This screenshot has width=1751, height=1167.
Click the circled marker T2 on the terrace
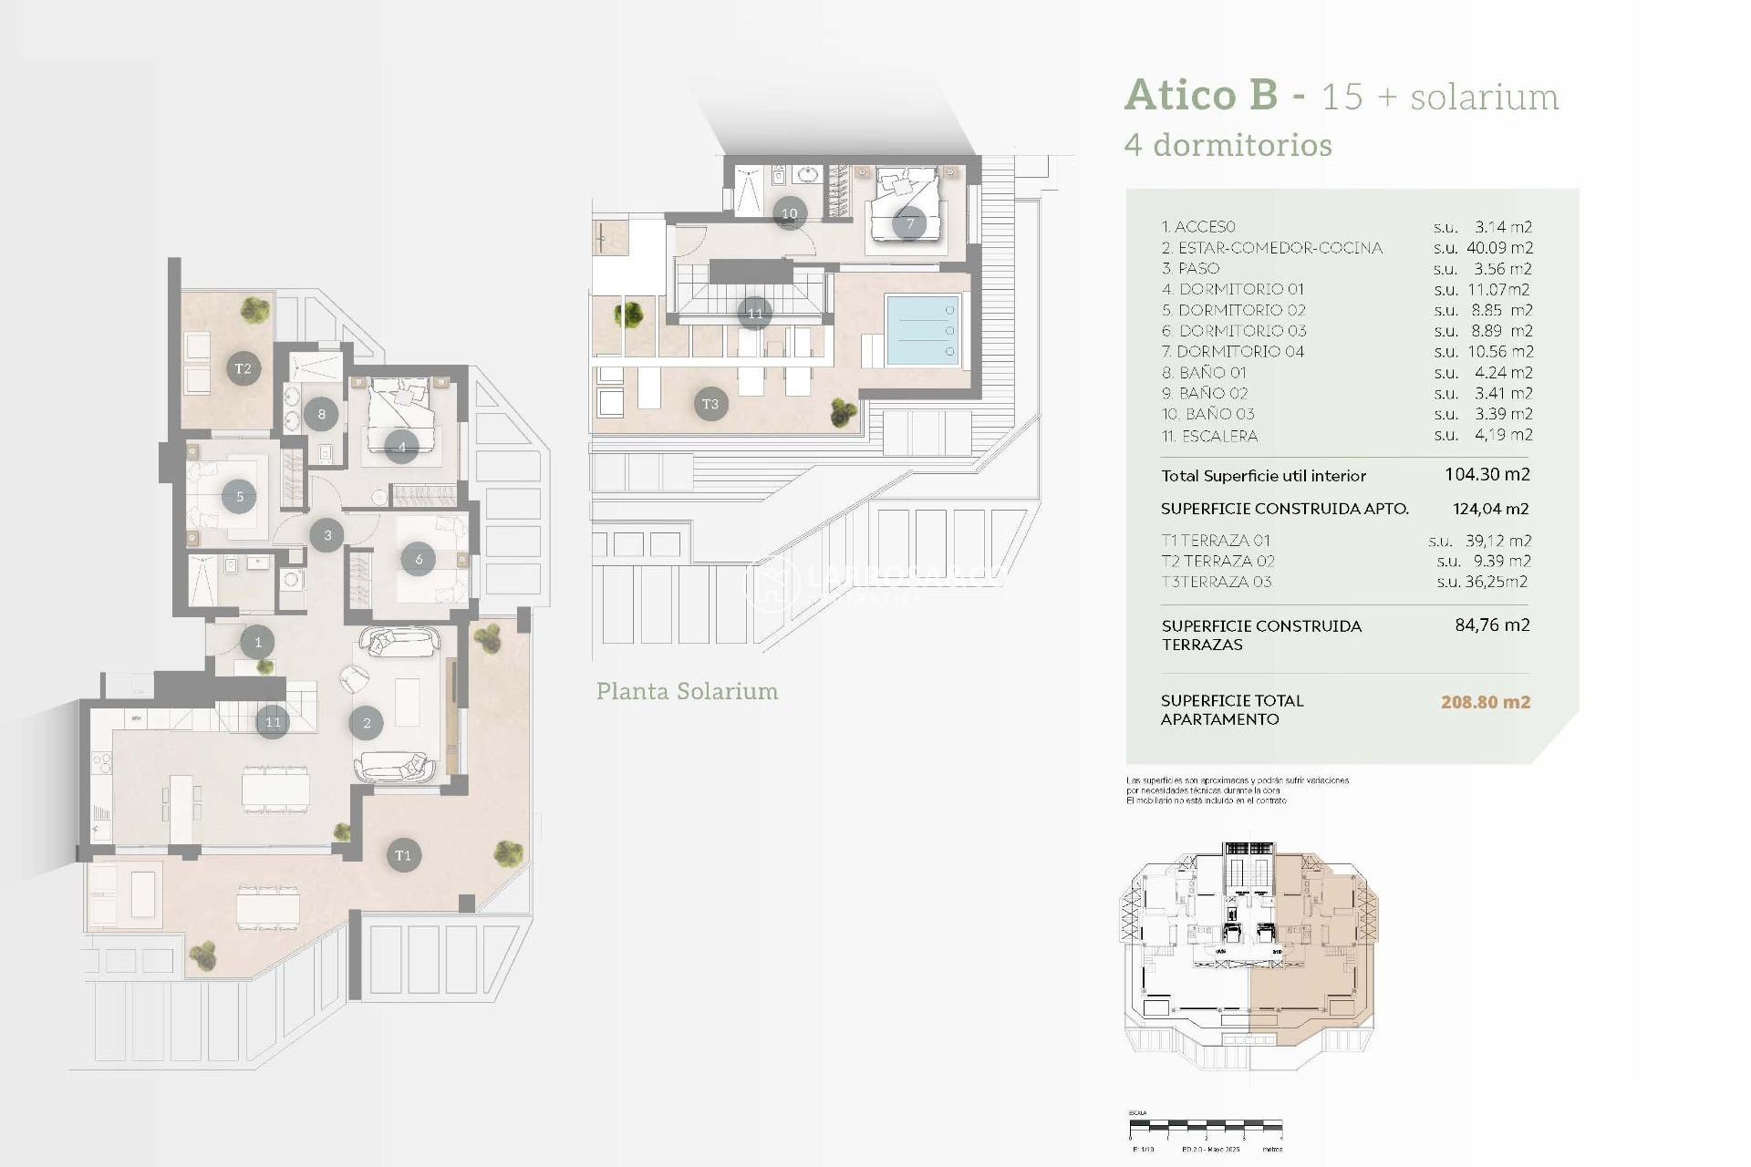click(x=243, y=368)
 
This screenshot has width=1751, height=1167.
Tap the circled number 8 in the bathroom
click(x=321, y=414)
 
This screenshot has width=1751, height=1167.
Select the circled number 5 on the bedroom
click(x=239, y=497)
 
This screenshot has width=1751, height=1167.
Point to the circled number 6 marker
click(x=419, y=559)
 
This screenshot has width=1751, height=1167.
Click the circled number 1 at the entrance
click(x=258, y=642)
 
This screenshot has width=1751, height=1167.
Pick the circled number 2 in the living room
click(x=367, y=723)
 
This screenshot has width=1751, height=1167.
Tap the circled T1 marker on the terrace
click(x=403, y=855)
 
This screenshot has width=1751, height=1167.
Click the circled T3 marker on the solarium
click(x=710, y=404)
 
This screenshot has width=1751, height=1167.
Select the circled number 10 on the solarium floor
click(x=790, y=213)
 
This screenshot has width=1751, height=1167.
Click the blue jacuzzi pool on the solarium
click(x=922, y=330)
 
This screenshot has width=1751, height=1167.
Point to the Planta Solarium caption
click(x=687, y=691)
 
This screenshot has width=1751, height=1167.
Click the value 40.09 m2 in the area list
click(x=1499, y=248)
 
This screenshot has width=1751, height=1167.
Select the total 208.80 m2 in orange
click(x=1485, y=702)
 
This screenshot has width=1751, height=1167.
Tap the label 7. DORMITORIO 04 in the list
click(x=1232, y=352)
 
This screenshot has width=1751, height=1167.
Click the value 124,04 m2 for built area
click(x=1490, y=509)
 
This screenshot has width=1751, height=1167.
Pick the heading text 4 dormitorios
click(x=1228, y=145)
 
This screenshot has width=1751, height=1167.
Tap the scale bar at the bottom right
click(x=1206, y=1126)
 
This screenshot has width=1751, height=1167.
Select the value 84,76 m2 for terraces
click(x=1492, y=625)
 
